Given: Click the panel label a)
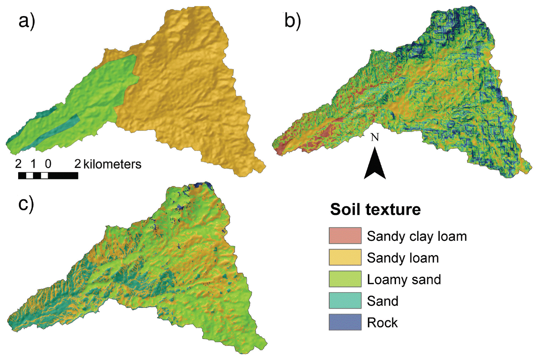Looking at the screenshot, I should [x=27, y=21].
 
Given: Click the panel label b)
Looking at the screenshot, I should [x=292, y=21].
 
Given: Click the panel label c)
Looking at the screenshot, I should [x=26, y=204].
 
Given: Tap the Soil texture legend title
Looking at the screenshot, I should [x=375, y=209].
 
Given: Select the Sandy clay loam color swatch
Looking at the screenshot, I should [x=345, y=235].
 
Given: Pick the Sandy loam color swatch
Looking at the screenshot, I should [x=345, y=257].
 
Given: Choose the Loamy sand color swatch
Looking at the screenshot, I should [x=345, y=279].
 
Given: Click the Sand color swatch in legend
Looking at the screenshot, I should [x=345, y=301].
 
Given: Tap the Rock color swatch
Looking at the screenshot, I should [x=345, y=322].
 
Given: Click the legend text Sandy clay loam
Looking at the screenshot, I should [x=417, y=236].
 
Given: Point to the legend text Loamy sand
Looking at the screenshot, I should [x=404, y=279].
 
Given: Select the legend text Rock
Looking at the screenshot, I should [x=382, y=323].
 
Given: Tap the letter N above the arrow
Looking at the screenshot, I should [x=375, y=137].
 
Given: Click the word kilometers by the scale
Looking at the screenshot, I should [x=112, y=164].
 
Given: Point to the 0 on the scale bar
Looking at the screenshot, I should [x=48, y=164].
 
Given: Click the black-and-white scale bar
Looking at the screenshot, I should [x=48, y=176].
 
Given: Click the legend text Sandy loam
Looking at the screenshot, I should [x=403, y=258].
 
